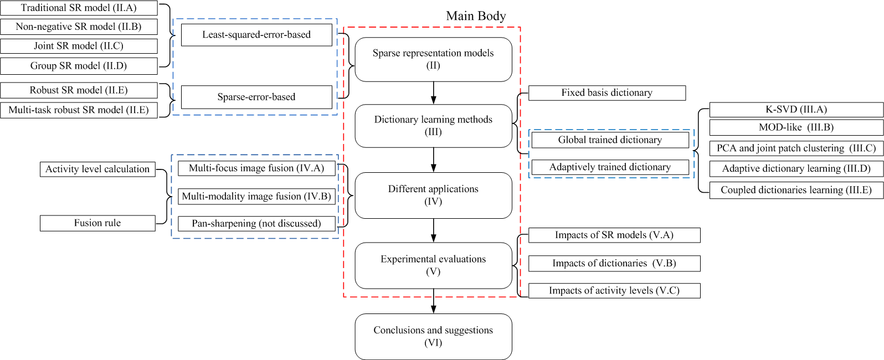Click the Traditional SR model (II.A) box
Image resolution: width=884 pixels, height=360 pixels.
(79, 8)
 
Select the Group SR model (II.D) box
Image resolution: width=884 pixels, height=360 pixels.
(79, 66)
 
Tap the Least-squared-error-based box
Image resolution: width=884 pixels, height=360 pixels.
(256, 35)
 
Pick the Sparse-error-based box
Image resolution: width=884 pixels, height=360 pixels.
(256, 97)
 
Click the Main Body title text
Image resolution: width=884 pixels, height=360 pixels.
(476, 16)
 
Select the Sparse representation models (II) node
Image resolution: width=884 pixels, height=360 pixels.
(433, 59)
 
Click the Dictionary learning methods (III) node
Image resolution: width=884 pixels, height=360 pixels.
(433, 126)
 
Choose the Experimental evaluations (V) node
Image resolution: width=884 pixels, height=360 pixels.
(433, 265)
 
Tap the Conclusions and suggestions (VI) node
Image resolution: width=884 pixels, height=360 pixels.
(433, 336)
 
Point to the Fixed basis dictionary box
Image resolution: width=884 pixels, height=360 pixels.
(607, 93)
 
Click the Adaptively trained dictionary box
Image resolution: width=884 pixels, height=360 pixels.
(610, 167)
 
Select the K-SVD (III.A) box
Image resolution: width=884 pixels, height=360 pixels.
(796, 110)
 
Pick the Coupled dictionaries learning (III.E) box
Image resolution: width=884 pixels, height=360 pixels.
(796, 190)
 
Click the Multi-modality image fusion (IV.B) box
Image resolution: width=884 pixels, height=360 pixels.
(256, 197)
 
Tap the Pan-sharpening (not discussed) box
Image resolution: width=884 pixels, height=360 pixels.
(256, 224)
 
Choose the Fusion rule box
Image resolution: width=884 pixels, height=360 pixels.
(97, 223)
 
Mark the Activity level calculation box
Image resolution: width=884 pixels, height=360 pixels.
(97, 169)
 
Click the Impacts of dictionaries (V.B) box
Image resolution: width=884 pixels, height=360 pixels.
(614, 264)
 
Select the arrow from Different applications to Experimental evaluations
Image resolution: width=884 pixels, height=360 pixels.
(434, 230)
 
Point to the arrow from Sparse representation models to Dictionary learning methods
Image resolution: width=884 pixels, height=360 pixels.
(434, 93)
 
